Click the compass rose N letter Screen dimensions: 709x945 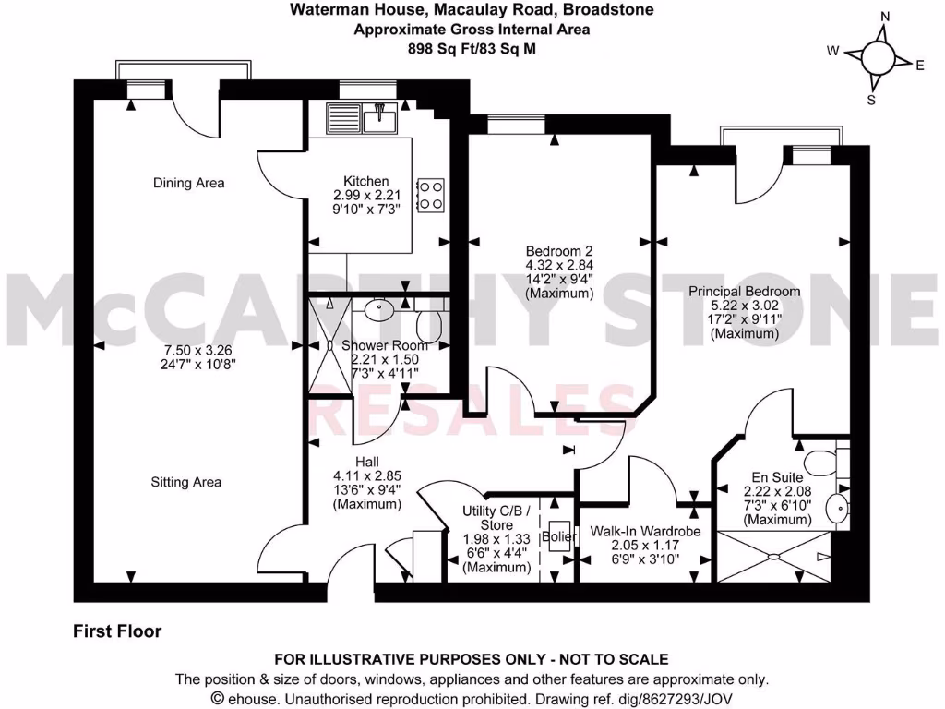(x=885, y=17)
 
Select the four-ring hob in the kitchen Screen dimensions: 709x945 (x=430, y=194)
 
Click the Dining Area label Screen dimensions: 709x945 (x=188, y=183)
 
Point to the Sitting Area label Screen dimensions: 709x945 (x=187, y=482)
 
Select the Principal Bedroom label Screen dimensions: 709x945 (x=744, y=291)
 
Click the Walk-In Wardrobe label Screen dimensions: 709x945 (x=645, y=532)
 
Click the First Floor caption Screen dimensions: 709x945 (x=117, y=631)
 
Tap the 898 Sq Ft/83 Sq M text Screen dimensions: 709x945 (x=472, y=47)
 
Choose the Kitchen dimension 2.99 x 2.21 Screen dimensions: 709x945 (x=366, y=196)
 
